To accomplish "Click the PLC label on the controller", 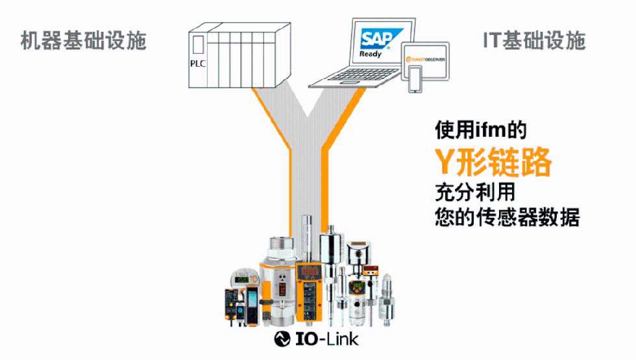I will point(197,64).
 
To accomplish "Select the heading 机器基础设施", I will point(83,41).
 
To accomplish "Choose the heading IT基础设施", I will point(534,41).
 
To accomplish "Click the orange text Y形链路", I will point(493,162).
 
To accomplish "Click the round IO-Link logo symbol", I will point(284,339).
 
